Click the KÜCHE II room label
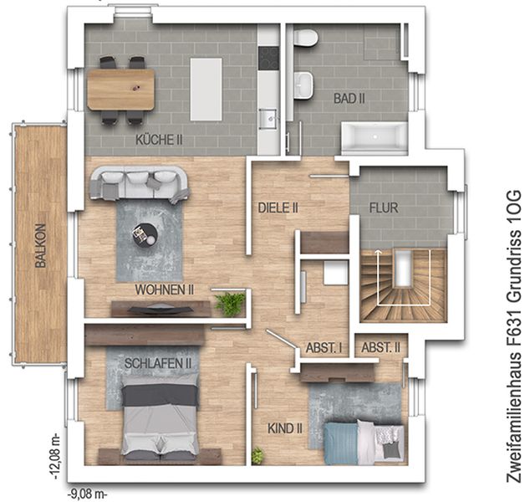(x=159, y=140)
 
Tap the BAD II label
(x=349, y=99)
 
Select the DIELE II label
(x=278, y=207)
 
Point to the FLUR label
(x=384, y=207)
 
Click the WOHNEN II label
(x=165, y=289)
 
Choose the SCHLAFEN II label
(x=158, y=364)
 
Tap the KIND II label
(x=284, y=428)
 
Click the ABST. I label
(x=324, y=348)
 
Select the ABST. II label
(x=380, y=347)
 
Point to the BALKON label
(x=40, y=246)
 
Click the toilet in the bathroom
(x=305, y=37)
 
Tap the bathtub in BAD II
(x=375, y=137)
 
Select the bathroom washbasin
(x=303, y=85)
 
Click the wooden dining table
(x=120, y=90)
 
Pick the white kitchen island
(x=206, y=90)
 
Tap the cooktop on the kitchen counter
(x=268, y=59)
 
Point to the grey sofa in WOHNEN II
(x=139, y=184)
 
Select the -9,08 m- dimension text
(x=87, y=494)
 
